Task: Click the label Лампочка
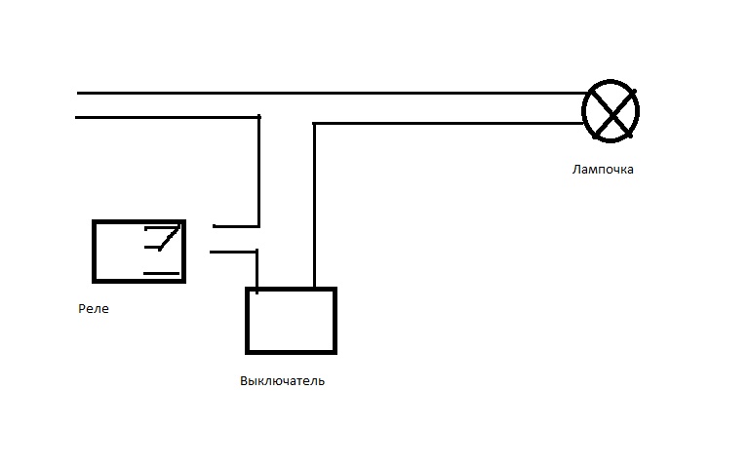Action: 603,170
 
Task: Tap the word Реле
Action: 94,309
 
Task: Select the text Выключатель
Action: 282,381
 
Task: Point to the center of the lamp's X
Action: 611,114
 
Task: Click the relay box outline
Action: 95,251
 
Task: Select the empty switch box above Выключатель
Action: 291,320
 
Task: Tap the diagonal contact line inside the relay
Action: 170,237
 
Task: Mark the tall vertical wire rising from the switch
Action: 314,205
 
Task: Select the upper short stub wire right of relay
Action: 235,225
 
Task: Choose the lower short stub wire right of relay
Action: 232,252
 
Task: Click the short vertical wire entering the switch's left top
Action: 256,270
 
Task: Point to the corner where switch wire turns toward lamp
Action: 314,124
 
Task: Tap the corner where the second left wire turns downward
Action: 258,118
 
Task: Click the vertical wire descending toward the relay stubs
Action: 258,171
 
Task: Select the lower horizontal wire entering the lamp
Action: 449,123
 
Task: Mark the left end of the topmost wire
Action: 79,94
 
